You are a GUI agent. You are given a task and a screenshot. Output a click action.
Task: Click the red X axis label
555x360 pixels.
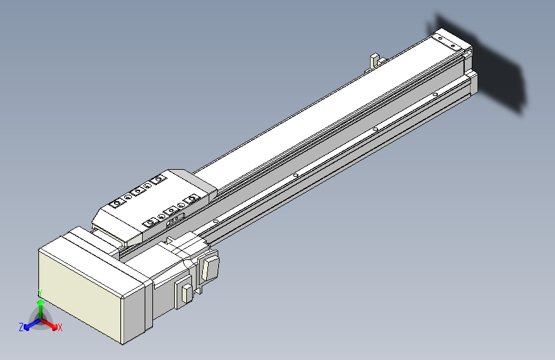60,328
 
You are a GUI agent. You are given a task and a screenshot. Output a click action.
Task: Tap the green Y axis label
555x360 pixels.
40,293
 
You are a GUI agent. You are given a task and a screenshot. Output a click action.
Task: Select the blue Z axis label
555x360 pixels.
21,327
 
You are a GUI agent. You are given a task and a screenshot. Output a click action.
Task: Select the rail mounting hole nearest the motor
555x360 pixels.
216,221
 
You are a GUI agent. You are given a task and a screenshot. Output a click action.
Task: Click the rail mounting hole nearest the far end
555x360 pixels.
435,95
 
